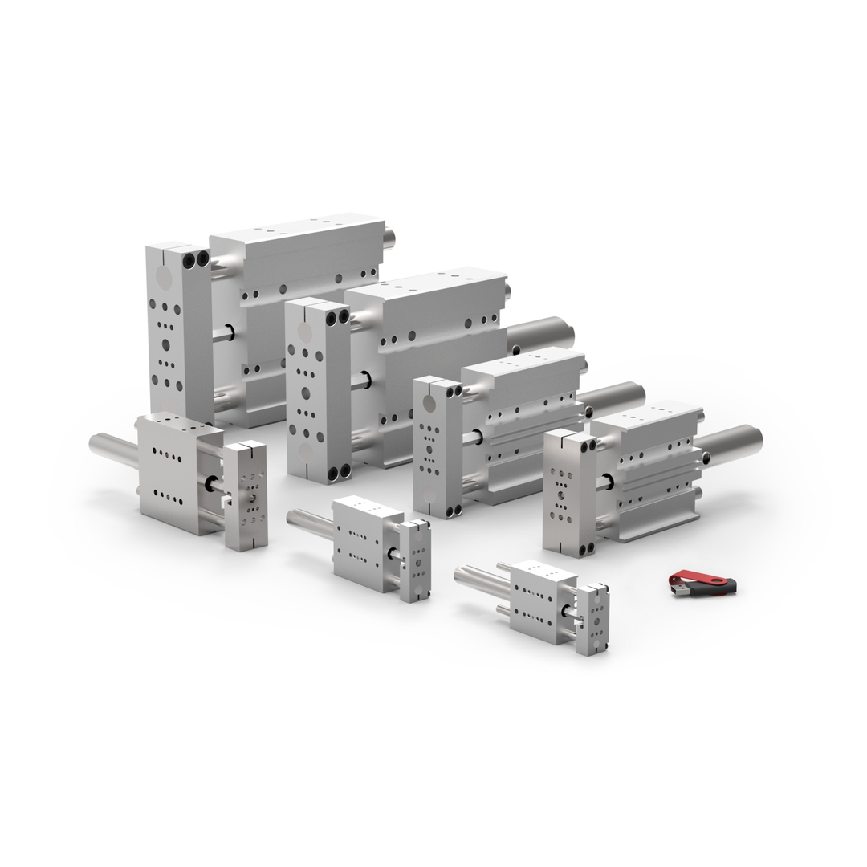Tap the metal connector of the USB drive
tap(678, 591)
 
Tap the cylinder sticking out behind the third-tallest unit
tap(613, 398)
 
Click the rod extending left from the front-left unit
tap(112, 444)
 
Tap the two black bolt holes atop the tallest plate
tap(195, 259)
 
